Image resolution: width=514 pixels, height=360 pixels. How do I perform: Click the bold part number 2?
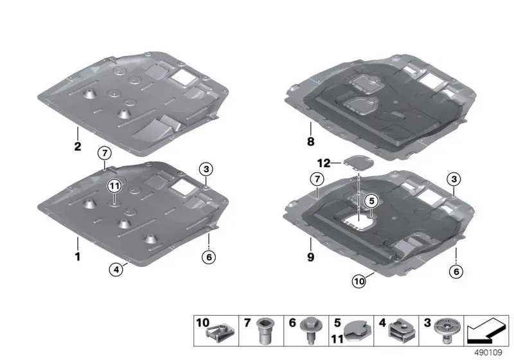pyautogui.click(x=77, y=146)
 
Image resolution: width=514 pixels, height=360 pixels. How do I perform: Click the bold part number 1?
pyautogui.click(x=78, y=256)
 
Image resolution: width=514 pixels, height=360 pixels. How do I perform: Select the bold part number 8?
pyautogui.click(x=310, y=141)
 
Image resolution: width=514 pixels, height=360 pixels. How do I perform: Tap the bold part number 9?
pyautogui.click(x=310, y=257)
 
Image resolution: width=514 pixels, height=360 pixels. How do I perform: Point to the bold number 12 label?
pyautogui.click(x=324, y=163)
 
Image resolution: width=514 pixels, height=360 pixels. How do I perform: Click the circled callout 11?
pyautogui.click(x=114, y=186)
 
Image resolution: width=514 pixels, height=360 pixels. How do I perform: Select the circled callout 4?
pyautogui.click(x=116, y=270)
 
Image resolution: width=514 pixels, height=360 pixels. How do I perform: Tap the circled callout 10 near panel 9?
pyautogui.click(x=359, y=282)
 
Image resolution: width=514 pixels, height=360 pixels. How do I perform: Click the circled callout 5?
pyautogui.click(x=371, y=201)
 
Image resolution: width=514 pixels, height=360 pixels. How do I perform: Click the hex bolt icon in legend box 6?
pyautogui.click(x=308, y=330)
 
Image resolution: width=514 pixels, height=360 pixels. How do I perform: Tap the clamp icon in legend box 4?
pyautogui.click(x=402, y=330)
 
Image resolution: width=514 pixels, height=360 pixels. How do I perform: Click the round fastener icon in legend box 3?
pyautogui.click(x=447, y=330)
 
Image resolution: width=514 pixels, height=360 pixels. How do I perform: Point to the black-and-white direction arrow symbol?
pyautogui.click(x=486, y=330)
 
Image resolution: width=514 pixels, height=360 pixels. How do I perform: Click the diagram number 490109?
pyautogui.click(x=488, y=352)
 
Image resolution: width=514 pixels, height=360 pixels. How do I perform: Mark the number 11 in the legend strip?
pyautogui.click(x=337, y=339)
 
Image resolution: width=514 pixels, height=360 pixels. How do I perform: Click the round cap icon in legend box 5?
pyautogui.click(x=359, y=331)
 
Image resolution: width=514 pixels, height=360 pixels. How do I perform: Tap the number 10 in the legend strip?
pyautogui.click(x=202, y=322)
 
